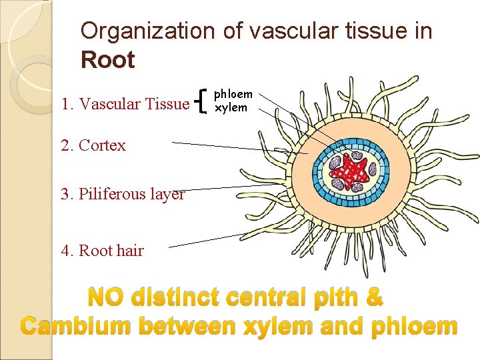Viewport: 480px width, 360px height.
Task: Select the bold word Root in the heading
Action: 107,60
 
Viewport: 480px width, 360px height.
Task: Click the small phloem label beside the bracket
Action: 233,95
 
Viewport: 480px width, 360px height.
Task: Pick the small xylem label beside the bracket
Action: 231,107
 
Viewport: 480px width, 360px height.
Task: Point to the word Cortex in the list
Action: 102,145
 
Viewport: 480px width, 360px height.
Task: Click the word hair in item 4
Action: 131,251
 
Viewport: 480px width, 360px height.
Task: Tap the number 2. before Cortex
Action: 67,145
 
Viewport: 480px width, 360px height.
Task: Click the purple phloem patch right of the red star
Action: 377,172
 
